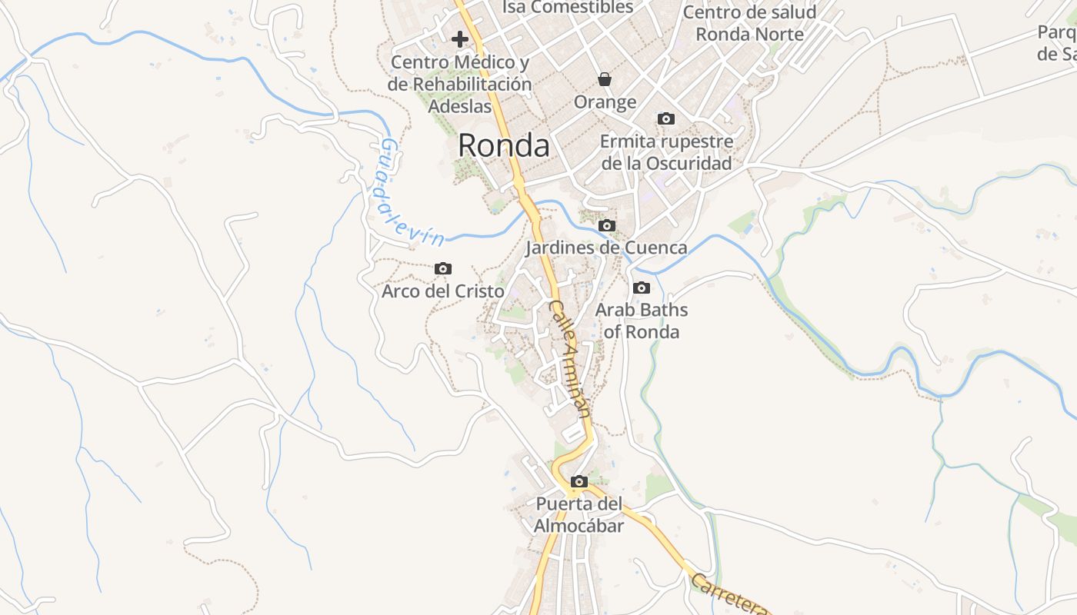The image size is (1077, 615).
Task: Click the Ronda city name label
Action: (504, 145)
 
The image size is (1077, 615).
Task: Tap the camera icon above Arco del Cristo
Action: (442, 268)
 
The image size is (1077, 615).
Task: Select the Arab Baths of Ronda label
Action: (642, 321)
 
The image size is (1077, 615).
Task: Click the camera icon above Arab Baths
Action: (641, 288)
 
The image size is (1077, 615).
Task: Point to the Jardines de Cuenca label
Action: (606, 248)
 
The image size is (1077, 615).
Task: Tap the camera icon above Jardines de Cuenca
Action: (607, 225)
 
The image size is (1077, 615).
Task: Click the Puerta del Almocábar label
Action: (579, 515)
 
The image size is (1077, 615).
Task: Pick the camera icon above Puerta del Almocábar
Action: (579, 482)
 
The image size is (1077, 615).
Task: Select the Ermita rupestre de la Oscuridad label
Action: (666, 152)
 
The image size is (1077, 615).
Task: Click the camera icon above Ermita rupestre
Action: (666, 118)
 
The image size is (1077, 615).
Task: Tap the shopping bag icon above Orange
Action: (605, 78)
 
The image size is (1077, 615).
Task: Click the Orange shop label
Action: (605, 101)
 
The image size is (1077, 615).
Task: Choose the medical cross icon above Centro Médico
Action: (460, 38)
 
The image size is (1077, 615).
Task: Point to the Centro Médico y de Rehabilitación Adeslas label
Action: (460, 84)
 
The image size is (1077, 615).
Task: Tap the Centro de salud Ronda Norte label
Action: (749, 23)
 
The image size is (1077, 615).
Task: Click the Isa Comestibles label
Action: (568, 8)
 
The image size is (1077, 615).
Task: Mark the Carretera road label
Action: (729, 593)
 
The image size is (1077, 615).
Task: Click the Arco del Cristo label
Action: (443, 291)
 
